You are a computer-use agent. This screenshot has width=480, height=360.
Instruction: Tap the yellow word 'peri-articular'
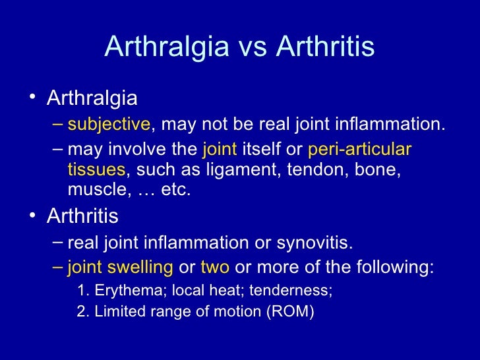click(359, 150)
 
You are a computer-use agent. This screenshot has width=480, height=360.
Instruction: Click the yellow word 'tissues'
click(96, 170)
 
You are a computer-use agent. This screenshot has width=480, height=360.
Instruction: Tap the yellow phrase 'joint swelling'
click(121, 268)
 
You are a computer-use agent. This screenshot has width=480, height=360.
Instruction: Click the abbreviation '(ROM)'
click(290, 311)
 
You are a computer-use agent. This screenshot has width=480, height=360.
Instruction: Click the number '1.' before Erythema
click(83, 291)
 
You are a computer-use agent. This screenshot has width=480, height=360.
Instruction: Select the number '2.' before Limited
click(83, 311)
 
